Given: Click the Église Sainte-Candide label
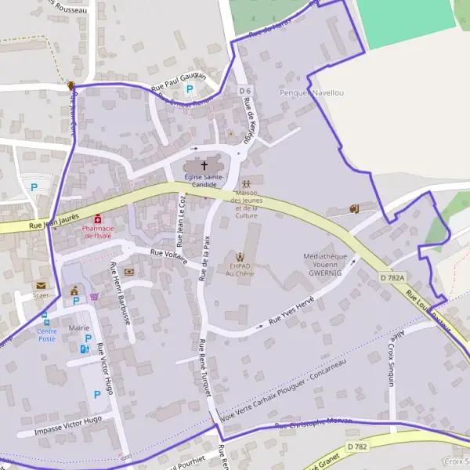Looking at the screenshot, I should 204,181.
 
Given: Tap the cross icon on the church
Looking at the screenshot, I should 205,165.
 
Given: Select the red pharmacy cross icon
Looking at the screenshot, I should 98,219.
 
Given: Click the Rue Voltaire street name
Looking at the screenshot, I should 168,255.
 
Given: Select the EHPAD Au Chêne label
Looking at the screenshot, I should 240,269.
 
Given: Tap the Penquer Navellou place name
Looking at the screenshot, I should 312,93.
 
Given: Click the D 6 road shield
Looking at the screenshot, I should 245,91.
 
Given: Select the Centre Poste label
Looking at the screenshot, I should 47,334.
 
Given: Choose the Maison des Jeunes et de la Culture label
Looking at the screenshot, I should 246,204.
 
